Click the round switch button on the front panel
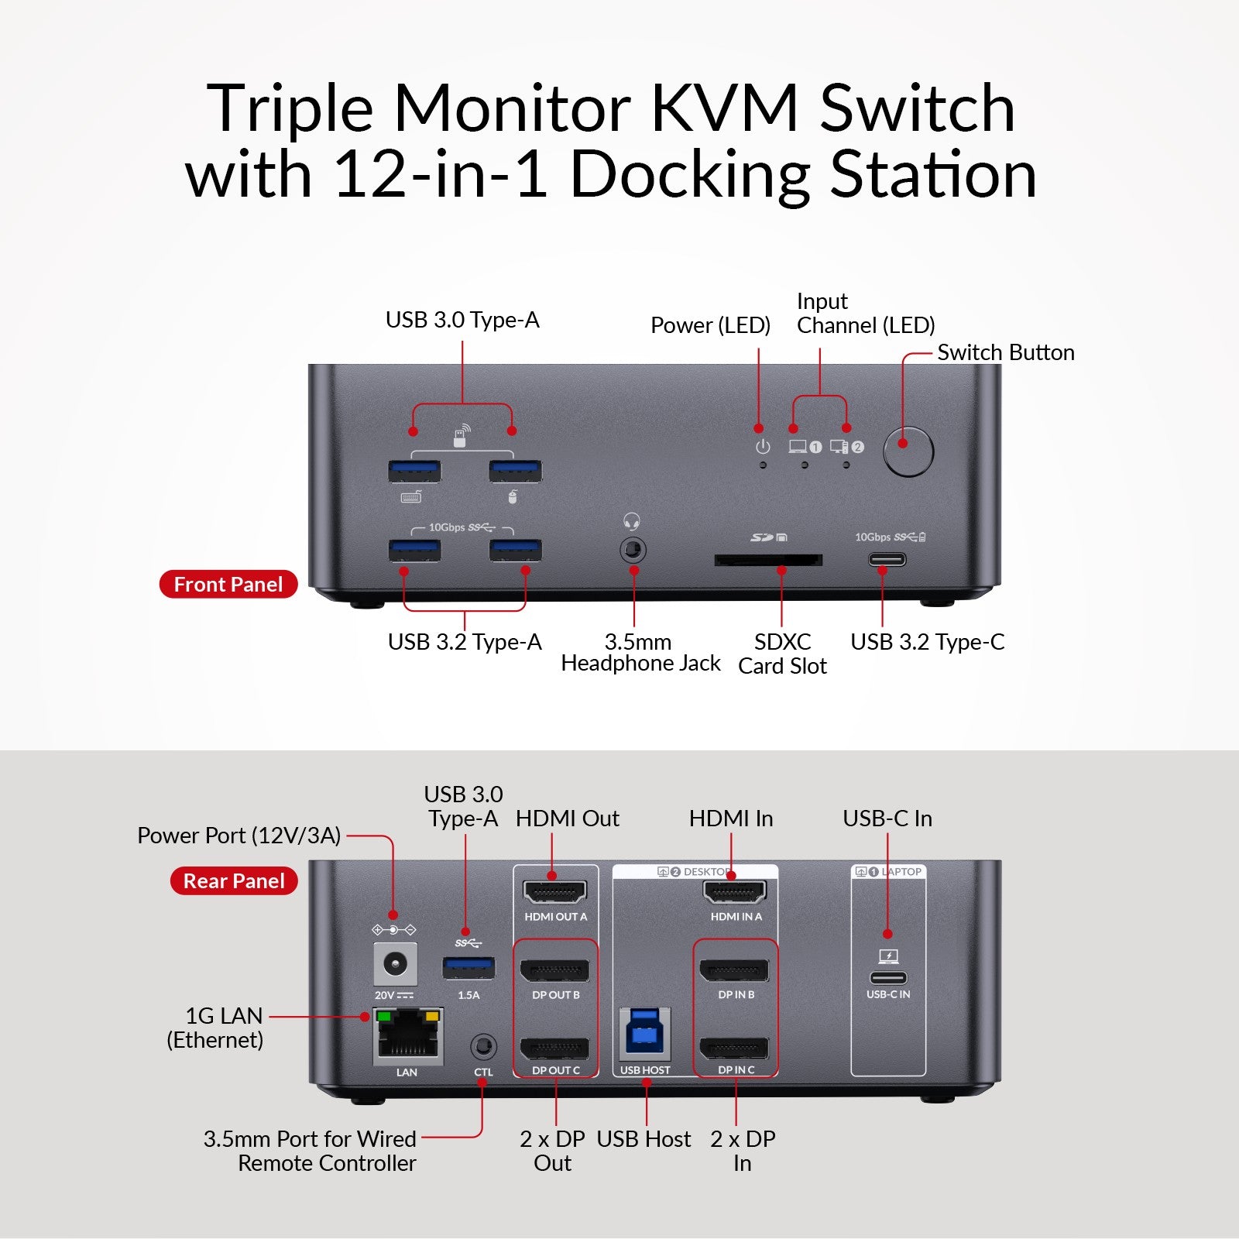click(908, 451)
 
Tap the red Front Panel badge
click(228, 584)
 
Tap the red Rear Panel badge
click(234, 880)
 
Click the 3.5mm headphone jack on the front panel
click(633, 551)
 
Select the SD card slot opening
click(767, 559)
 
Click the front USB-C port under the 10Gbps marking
click(887, 558)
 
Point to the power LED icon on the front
click(763, 447)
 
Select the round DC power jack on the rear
click(395, 964)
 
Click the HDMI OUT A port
click(555, 892)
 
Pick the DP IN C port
click(734, 1049)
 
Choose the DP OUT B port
click(555, 970)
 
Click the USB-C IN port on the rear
click(888, 977)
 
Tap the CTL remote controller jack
click(483, 1048)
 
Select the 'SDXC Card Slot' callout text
click(782, 654)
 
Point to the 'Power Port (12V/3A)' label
click(239, 836)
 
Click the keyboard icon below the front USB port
click(411, 496)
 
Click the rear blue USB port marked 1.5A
click(468, 968)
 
